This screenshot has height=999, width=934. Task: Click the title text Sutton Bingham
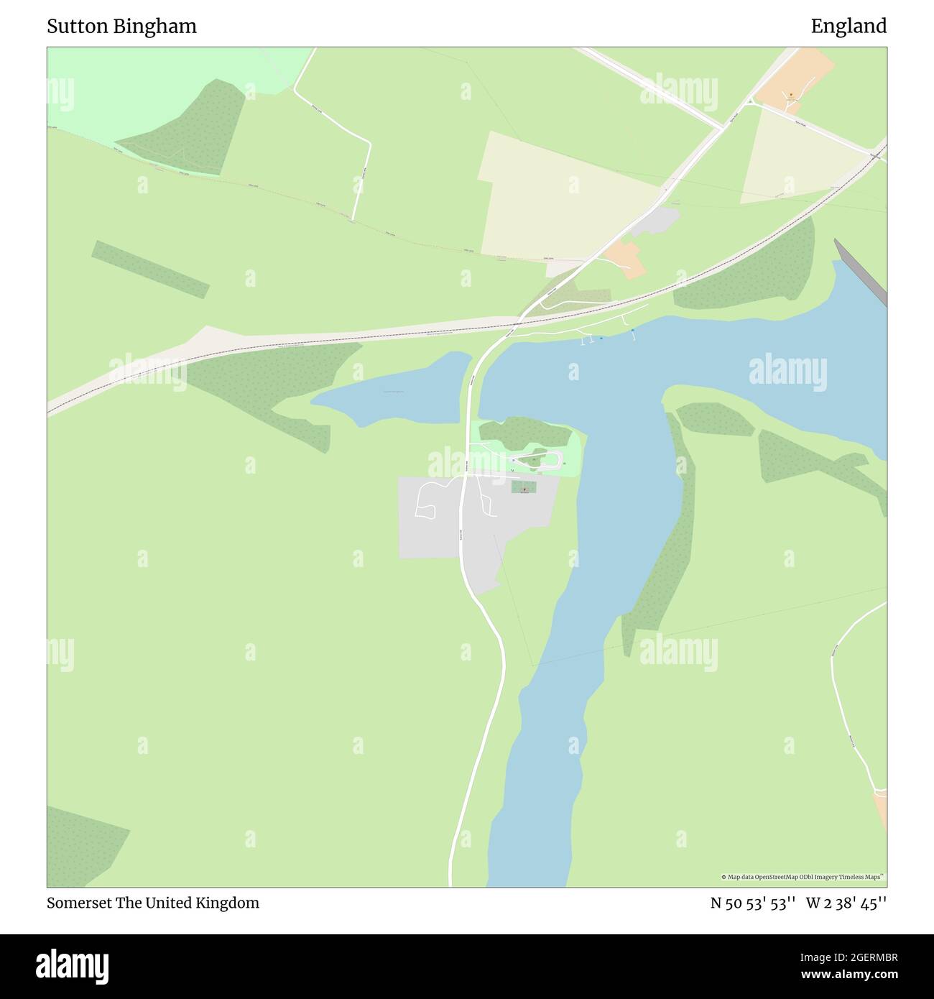(x=121, y=27)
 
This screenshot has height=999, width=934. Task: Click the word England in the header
(x=849, y=27)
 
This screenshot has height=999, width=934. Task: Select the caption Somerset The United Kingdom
(x=153, y=903)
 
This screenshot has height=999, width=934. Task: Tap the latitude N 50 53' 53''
(x=752, y=903)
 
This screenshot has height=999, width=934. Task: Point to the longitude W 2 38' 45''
(x=846, y=903)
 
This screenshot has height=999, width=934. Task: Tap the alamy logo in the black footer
(x=73, y=965)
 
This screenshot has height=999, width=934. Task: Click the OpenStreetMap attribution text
(x=803, y=877)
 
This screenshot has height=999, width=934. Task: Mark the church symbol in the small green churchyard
(x=524, y=488)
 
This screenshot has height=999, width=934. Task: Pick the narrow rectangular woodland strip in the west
(x=150, y=269)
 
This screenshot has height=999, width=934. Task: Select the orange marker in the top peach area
(x=790, y=94)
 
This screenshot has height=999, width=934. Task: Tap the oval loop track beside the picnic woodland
(x=535, y=461)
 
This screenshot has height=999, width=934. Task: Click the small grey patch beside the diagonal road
(x=657, y=221)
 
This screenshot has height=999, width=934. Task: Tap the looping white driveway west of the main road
(x=426, y=499)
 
